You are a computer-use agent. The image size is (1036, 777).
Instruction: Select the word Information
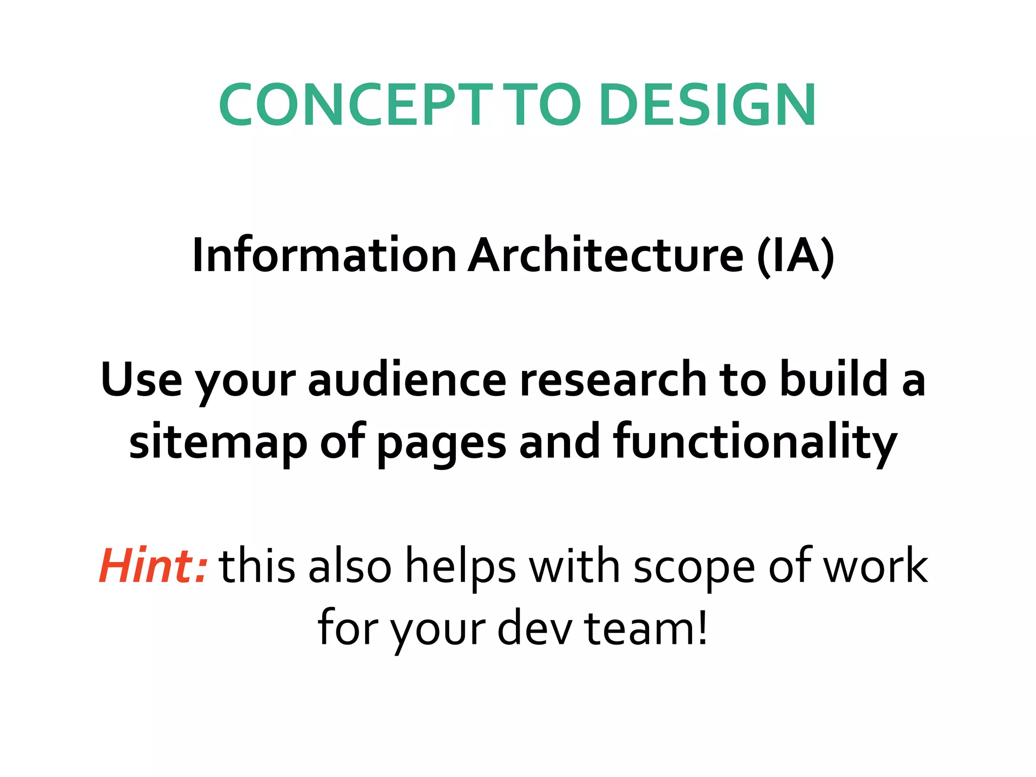click(x=324, y=255)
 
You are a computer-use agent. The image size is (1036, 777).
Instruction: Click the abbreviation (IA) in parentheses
click(x=795, y=255)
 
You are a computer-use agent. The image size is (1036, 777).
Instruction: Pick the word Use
click(x=141, y=379)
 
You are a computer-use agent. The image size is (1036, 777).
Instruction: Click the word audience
click(x=407, y=379)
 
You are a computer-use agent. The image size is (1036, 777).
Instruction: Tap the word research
click(x=613, y=379)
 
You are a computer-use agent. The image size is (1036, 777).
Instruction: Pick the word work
click(x=876, y=566)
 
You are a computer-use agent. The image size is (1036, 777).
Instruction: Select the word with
click(x=574, y=566)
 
